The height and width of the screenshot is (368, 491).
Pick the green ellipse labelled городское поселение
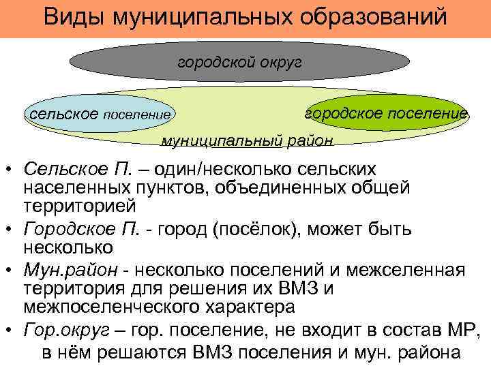tap(386, 112)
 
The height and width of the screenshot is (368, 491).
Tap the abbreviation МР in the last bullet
tap(464, 332)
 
